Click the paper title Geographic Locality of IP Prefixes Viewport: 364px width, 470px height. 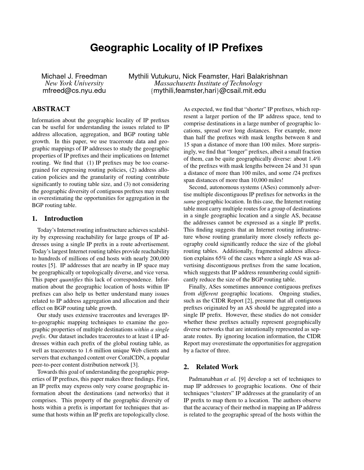[x=176, y=48]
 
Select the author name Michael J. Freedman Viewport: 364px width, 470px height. [x=74, y=76]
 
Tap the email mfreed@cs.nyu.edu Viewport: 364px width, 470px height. [x=74, y=91]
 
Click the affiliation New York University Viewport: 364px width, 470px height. [x=74, y=83]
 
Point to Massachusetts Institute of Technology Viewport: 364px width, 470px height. [x=208, y=83]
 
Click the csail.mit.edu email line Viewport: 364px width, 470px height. [x=208, y=91]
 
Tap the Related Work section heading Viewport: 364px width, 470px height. [x=217, y=367]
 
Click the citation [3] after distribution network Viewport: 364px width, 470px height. [x=134, y=365]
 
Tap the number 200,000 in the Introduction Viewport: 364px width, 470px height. [x=159, y=258]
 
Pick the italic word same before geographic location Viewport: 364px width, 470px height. [x=189, y=202]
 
